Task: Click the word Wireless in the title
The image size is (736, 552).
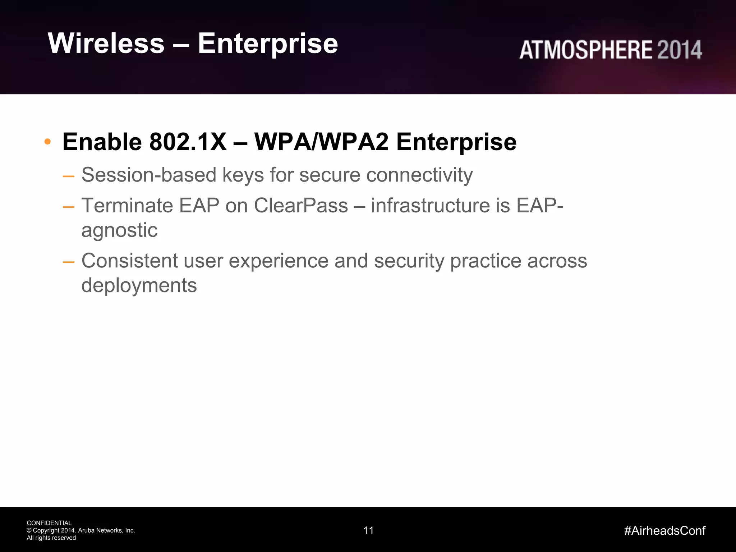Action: pos(106,43)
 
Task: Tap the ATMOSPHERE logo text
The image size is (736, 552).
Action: pos(586,50)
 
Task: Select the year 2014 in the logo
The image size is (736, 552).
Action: pos(679,50)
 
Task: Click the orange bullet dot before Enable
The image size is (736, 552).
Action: pos(47,142)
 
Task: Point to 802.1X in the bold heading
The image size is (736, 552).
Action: pos(188,142)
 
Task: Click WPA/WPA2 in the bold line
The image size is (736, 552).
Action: pos(321,142)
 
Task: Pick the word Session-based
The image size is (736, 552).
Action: pos(149,175)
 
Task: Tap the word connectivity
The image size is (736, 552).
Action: pos(419,175)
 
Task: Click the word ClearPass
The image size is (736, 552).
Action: pos(301,206)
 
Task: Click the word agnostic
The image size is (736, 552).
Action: pos(119,230)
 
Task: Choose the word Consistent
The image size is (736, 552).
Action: pos(129,261)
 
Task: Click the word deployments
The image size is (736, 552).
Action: pos(139,286)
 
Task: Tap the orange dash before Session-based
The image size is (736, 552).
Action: pos(68,176)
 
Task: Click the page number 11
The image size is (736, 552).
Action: pos(368,530)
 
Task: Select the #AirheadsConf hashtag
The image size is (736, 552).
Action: pos(665,530)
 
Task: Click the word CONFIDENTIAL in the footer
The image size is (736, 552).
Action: pos(49,523)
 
